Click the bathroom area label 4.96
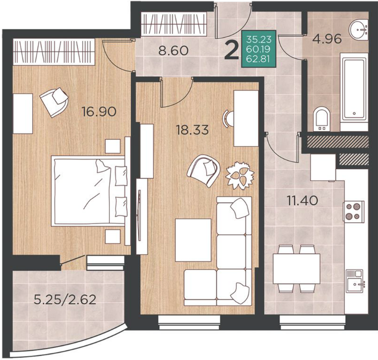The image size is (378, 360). pyautogui.click(x=327, y=39)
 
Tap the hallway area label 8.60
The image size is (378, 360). pyautogui.click(x=173, y=51)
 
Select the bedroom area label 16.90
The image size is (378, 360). pyautogui.click(x=99, y=112)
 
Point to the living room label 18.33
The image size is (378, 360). pyautogui.click(x=192, y=130)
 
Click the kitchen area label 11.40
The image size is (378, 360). pyautogui.click(x=302, y=200)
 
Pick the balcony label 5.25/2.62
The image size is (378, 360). pyautogui.click(x=65, y=300)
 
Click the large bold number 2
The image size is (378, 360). pyautogui.click(x=231, y=50)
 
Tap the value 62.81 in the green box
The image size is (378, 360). pyautogui.click(x=259, y=59)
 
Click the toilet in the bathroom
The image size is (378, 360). pyautogui.click(x=322, y=120)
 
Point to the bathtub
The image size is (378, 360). pyautogui.click(x=354, y=89)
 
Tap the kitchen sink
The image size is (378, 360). pyautogui.click(x=354, y=281)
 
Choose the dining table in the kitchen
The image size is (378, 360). pyautogui.click(x=297, y=269)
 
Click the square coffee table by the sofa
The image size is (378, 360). pyautogui.click(x=193, y=240)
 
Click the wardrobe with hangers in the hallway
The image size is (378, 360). pyautogui.click(x=174, y=24)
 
